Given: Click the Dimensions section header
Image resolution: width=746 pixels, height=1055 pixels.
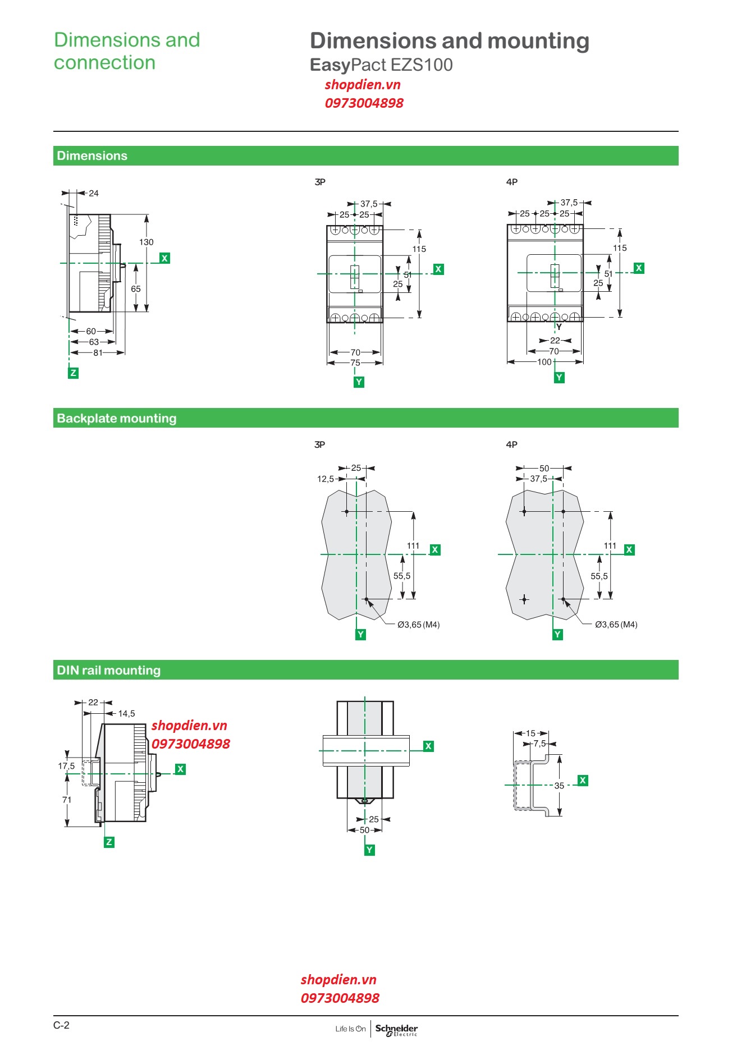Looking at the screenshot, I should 92,156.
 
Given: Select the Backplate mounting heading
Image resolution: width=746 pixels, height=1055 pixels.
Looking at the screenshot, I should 116,418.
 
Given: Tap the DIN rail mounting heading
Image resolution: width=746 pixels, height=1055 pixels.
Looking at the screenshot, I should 108,670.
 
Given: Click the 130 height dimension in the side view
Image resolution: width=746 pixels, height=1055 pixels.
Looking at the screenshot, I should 146,242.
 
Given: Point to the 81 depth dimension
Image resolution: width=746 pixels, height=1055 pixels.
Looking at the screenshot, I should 98,353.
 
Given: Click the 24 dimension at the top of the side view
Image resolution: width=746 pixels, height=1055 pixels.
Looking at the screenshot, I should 94,194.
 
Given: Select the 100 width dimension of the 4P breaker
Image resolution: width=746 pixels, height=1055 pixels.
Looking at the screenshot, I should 544,362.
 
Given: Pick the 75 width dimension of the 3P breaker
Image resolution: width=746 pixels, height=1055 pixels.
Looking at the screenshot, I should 355,363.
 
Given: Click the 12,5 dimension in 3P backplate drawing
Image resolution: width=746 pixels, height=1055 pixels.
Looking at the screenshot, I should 326,479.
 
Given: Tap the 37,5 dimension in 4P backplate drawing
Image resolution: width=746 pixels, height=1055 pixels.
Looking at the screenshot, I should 538,479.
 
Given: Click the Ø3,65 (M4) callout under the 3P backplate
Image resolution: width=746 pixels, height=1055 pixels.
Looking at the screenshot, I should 418,625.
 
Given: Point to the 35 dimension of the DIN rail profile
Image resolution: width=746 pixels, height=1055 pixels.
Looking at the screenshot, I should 559,786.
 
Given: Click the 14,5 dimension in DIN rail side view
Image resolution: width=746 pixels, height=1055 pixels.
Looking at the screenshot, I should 126,714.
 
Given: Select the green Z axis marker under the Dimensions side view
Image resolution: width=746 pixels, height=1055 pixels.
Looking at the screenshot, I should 73,373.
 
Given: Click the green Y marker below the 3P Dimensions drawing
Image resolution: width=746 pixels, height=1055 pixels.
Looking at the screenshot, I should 359,382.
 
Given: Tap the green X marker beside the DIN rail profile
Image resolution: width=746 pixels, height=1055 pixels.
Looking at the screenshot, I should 583,780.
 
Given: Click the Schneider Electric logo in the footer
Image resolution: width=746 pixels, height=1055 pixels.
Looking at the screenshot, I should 396,1029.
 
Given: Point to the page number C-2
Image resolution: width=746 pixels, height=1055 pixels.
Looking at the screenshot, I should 61,1025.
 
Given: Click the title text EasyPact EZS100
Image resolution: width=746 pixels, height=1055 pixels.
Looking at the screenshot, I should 381,65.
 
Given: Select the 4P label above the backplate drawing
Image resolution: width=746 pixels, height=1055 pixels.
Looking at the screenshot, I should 511,444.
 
